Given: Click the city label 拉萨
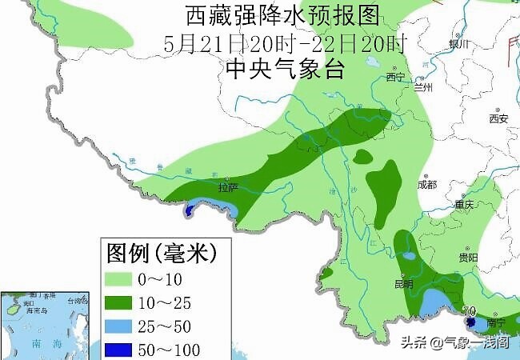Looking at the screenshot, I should pyautogui.click(x=229, y=188).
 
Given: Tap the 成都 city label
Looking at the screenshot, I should pyautogui.click(x=427, y=185).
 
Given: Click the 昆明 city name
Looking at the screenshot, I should pyautogui.click(x=403, y=284).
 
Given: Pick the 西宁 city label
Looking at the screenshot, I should pyautogui.click(x=395, y=77).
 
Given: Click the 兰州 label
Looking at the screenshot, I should pyautogui.click(x=422, y=88).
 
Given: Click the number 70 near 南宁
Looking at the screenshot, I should pyautogui.click(x=470, y=311).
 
